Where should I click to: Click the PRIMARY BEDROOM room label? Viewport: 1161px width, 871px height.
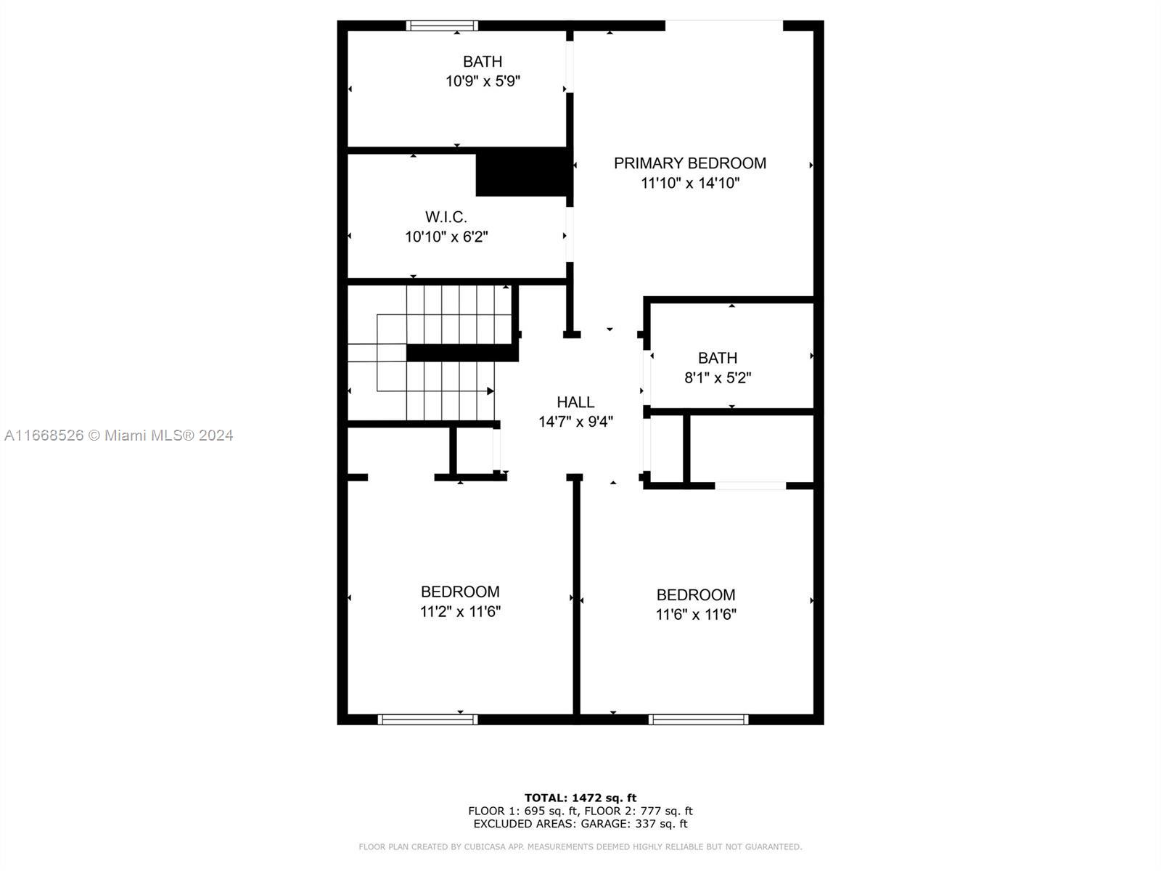tap(690, 163)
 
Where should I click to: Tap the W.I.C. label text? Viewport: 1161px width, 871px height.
tap(446, 217)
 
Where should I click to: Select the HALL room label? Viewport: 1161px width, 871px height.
tap(575, 402)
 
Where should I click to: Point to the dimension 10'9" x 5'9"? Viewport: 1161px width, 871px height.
tap(483, 81)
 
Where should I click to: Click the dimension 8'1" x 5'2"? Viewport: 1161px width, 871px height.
tap(718, 377)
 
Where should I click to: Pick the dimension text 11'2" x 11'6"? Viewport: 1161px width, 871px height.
tap(460, 611)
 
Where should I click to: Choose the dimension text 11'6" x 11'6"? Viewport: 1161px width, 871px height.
tap(696, 615)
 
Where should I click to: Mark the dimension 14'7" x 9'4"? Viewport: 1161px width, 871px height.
tap(575, 422)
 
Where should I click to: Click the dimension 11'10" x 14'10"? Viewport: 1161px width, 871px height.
tap(690, 183)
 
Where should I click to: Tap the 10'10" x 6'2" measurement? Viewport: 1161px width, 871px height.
tap(446, 237)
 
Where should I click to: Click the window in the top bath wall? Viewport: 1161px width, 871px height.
tap(442, 25)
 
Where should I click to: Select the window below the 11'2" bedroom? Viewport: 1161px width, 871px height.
tap(427, 719)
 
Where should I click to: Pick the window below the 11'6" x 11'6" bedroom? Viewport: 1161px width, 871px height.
tap(698, 719)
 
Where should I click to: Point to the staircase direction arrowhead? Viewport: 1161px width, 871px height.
tap(491, 390)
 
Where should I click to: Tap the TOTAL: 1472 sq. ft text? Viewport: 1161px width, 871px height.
tap(580, 798)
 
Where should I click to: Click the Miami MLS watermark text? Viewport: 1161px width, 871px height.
tap(118, 435)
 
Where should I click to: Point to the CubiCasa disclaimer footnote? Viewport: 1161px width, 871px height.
tap(580, 846)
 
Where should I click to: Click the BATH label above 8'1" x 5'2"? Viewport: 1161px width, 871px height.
tap(717, 358)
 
